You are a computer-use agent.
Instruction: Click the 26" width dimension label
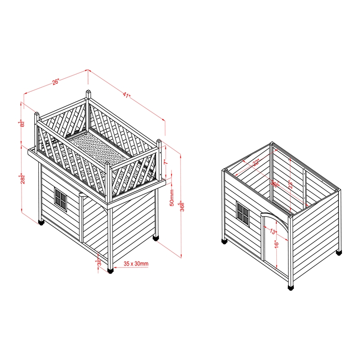[56, 82]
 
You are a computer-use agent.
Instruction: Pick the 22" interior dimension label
[256, 165]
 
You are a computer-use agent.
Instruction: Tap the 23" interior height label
[291, 184]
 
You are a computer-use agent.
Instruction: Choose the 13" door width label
[272, 232]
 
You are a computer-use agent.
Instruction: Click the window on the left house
[60, 197]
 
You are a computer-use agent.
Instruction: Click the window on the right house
[242, 213]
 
